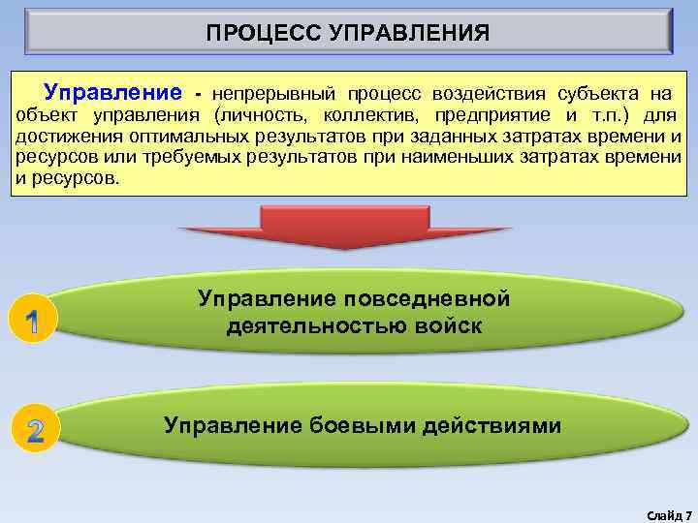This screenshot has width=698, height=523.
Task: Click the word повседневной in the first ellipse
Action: [x=432, y=299]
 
